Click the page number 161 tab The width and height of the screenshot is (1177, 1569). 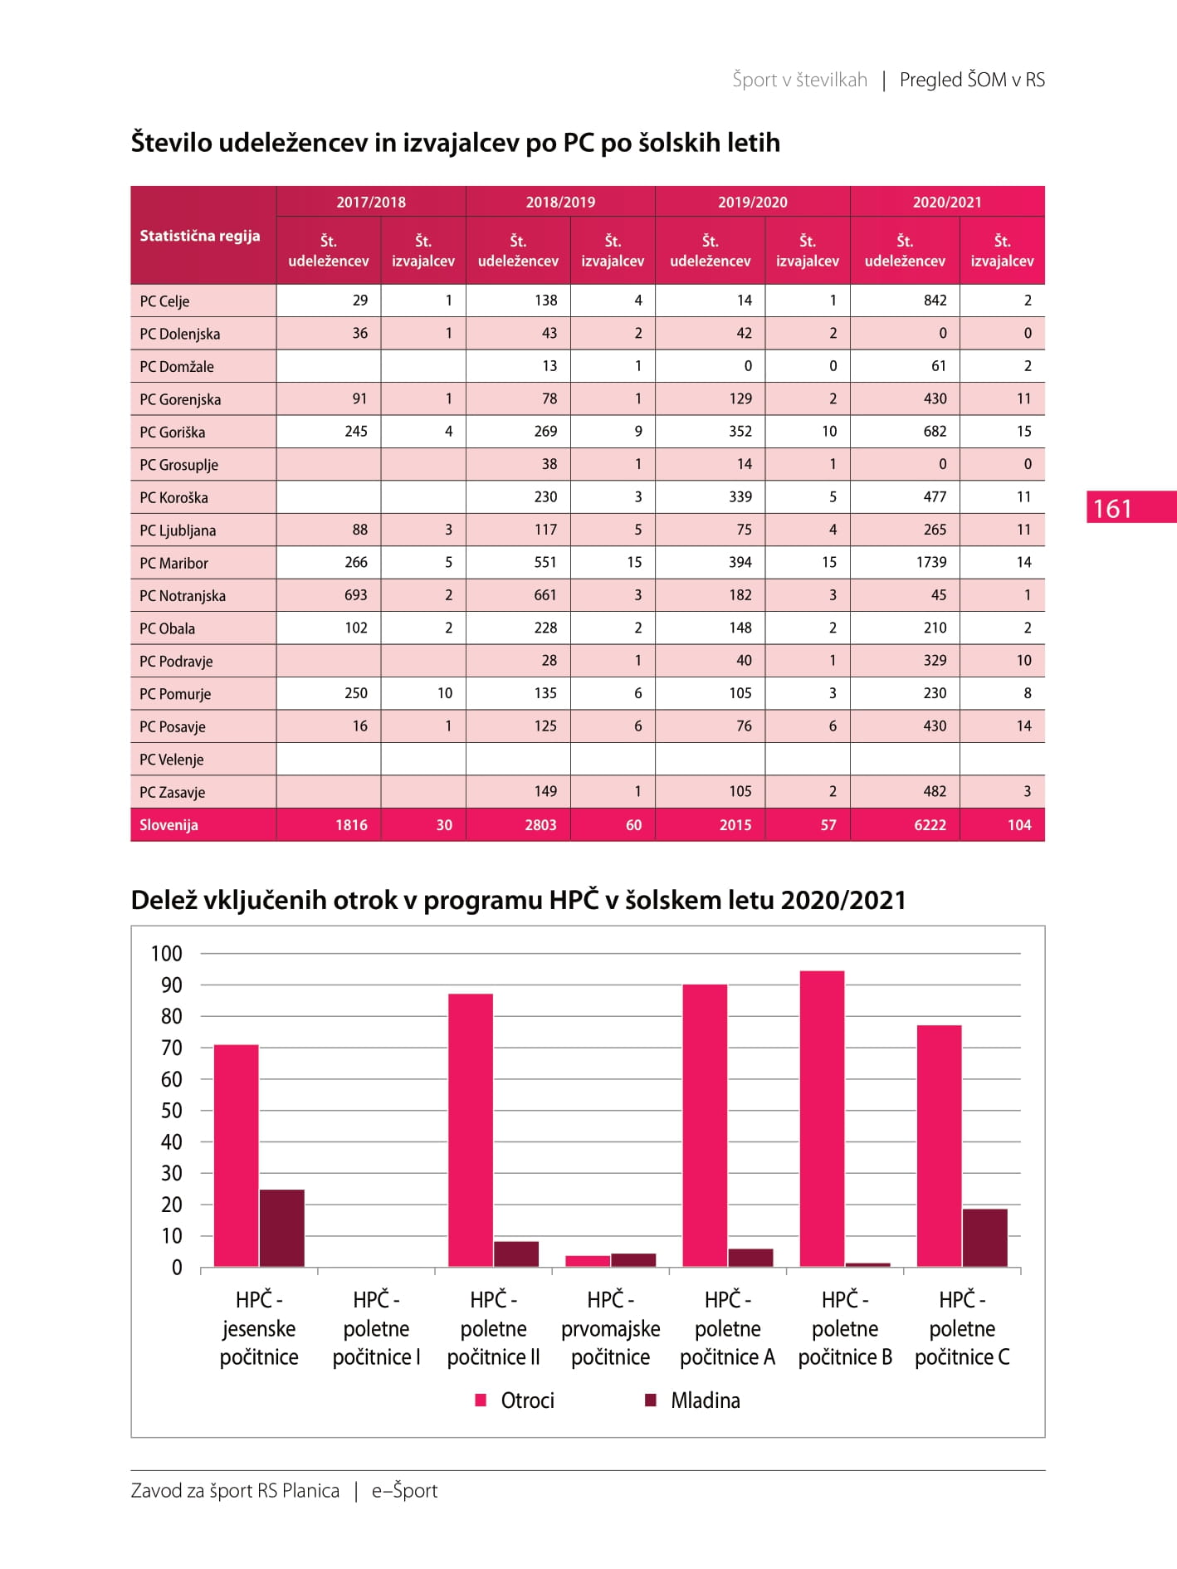coord(1131,507)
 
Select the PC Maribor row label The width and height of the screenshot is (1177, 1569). coord(173,563)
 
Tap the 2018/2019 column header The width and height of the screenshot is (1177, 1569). coord(560,202)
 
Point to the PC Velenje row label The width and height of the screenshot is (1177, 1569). coord(171,760)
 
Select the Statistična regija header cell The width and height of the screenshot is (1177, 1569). coord(199,236)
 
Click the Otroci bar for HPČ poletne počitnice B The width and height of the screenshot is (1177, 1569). coord(822,1119)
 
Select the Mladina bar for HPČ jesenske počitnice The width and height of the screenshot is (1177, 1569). coord(282,1228)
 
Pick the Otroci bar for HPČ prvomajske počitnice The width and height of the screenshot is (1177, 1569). coord(588,1261)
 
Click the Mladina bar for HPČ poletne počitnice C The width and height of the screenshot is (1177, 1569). coord(984,1238)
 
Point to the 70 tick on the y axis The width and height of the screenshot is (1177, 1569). coord(172,1048)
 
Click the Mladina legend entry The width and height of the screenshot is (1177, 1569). coord(693,1400)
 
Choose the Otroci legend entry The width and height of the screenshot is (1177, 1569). coord(515,1400)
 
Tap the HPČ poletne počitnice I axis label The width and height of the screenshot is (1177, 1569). coord(376,1328)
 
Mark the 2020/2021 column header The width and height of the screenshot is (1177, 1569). coord(947,202)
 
